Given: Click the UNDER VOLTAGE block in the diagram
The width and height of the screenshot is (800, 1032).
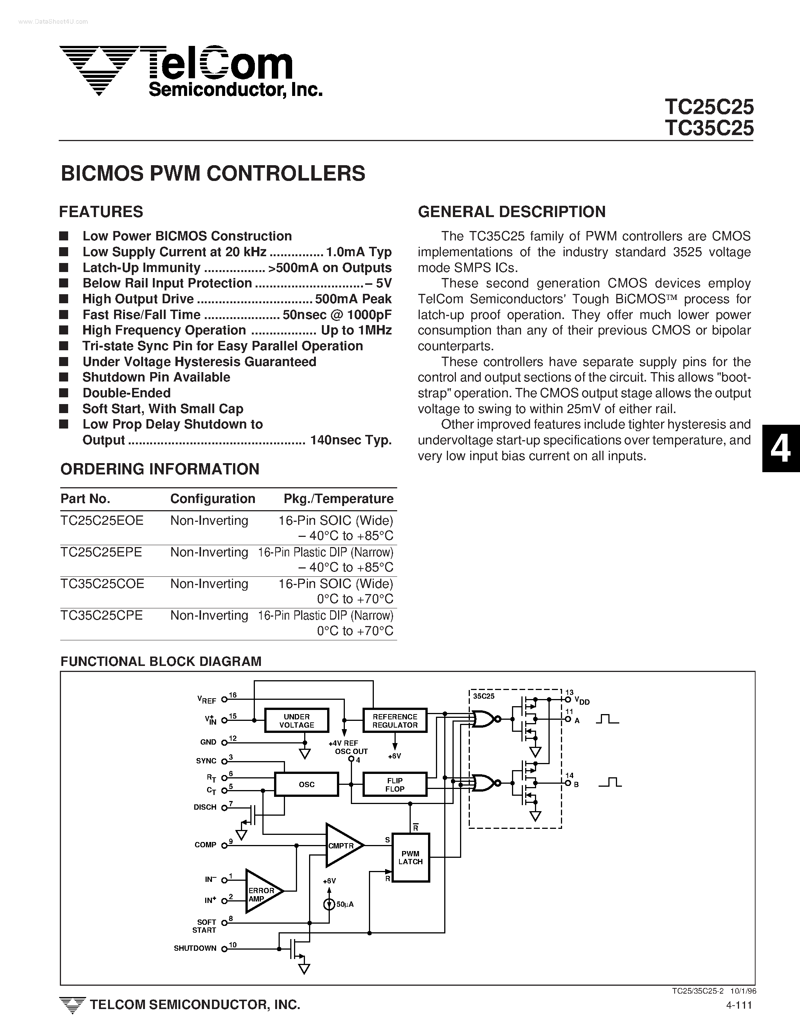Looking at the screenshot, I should [296, 720].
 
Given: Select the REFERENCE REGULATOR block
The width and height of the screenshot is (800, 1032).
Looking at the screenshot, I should [395, 720].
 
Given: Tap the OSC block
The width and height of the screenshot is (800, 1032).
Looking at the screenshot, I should [306, 784].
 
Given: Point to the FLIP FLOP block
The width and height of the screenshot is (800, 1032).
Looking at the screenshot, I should [395, 784].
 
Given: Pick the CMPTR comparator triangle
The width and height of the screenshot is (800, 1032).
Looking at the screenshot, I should [341, 845].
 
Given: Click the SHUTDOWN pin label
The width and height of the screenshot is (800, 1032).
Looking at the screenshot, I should [195, 948].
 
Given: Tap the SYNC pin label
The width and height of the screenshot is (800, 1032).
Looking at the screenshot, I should [206, 761].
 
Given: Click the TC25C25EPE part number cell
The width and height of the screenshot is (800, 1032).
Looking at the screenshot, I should [101, 552].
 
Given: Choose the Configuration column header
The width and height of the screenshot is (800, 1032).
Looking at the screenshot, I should [212, 499].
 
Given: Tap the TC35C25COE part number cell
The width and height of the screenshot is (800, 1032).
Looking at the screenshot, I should [102, 584].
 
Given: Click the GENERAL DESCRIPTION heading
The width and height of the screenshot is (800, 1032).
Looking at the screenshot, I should [512, 212].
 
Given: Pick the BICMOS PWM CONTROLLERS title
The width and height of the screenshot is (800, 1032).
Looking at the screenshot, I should [213, 173].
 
